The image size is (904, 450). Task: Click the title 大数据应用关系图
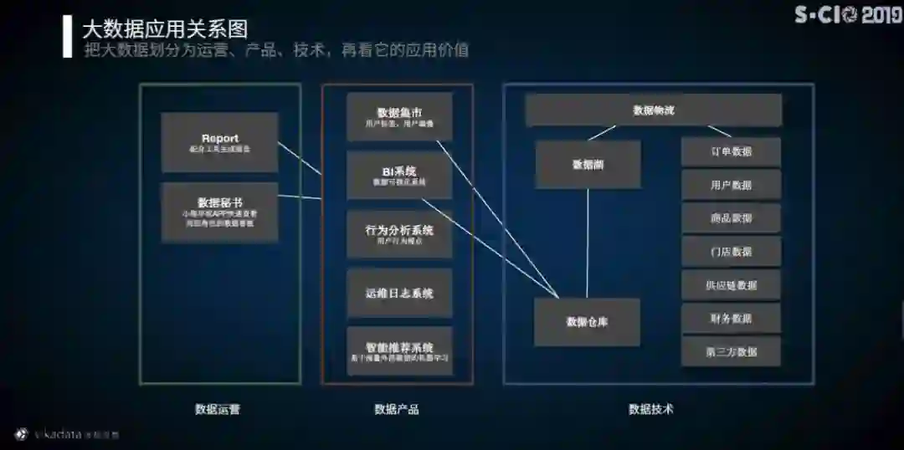[x=165, y=29]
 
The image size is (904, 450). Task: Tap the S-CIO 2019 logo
[x=847, y=14]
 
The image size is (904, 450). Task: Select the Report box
[x=219, y=142]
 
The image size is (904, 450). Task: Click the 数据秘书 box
[x=219, y=212]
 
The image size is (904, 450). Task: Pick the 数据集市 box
[x=399, y=116]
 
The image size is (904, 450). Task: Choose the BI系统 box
[x=399, y=175]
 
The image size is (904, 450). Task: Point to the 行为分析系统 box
[x=399, y=234]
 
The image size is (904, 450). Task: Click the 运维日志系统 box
[x=399, y=293]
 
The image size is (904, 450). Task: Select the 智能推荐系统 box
[x=399, y=351]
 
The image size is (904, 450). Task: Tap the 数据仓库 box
[x=587, y=322]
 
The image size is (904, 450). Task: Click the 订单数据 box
[x=731, y=151]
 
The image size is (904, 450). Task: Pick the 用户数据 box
[x=731, y=185]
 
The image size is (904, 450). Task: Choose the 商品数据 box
[x=731, y=218]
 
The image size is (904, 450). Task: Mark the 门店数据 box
[x=731, y=251]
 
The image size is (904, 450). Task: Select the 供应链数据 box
[x=731, y=284]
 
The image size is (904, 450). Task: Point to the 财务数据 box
[x=731, y=318]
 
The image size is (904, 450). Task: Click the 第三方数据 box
[x=731, y=351]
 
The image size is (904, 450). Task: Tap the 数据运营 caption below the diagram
[x=218, y=409]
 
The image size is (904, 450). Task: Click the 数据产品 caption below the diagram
[x=397, y=409]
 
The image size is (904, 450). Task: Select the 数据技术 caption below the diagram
[x=651, y=409]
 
